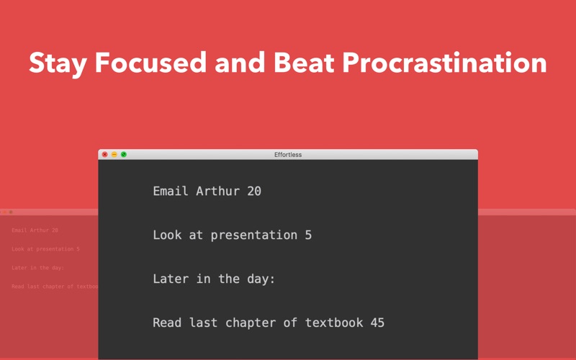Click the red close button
click(104, 154)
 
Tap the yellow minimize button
click(114, 154)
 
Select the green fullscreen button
click(124, 154)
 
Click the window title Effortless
click(288, 155)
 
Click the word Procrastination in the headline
click(444, 63)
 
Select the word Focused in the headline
click(150, 63)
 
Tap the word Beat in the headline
click(304, 63)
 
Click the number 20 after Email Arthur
click(254, 191)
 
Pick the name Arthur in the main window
click(218, 191)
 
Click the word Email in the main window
click(171, 191)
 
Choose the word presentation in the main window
click(254, 235)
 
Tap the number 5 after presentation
click(308, 235)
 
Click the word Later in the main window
click(167, 279)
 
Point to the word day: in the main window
click(261, 279)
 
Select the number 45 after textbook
click(377, 323)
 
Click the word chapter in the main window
click(251, 323)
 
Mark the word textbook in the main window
click(334, 323)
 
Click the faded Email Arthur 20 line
click(35, 230)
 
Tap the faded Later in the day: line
click(38, 268)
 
